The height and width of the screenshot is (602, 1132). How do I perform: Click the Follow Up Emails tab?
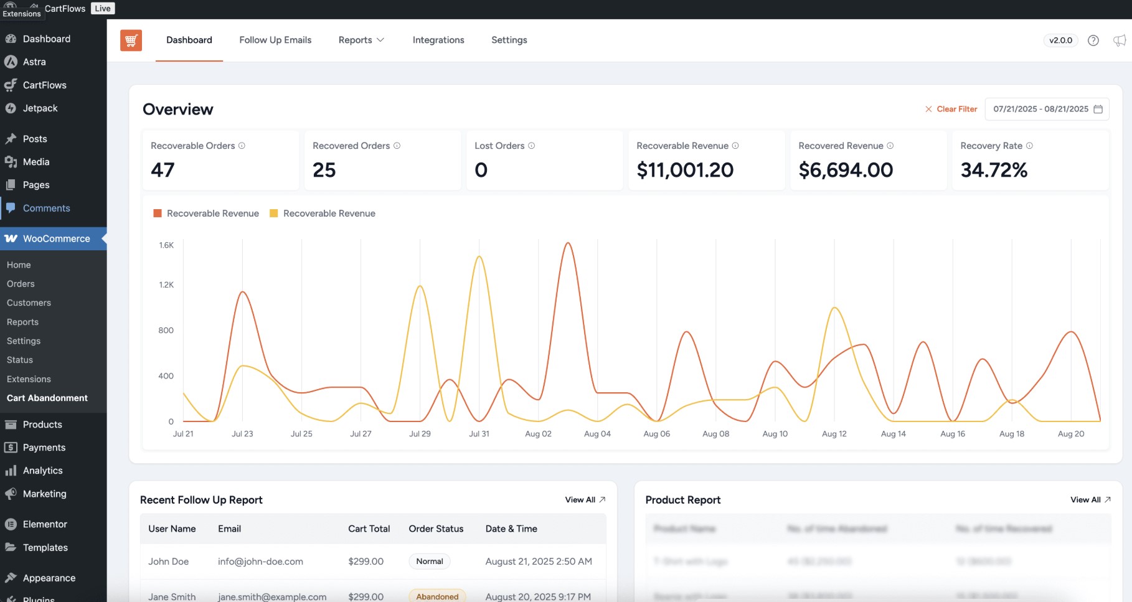275,40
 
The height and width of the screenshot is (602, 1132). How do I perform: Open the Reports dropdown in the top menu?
361,40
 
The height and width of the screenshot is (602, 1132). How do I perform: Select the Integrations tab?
438,40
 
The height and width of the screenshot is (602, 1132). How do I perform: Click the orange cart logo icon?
131,40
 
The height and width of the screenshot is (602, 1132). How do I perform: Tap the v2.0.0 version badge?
1060,40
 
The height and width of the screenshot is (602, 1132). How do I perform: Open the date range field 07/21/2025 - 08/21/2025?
1046,109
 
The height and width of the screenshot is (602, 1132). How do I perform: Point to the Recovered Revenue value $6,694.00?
845,170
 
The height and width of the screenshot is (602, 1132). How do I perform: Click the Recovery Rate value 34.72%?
993,170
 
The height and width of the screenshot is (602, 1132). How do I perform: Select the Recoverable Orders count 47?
163,170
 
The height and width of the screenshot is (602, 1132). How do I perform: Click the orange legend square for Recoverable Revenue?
158,214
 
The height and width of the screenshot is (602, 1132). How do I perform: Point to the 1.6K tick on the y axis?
166,245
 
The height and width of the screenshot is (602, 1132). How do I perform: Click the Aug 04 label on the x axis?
597,434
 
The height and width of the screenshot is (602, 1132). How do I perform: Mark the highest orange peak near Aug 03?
567,243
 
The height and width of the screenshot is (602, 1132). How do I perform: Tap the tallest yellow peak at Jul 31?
479,256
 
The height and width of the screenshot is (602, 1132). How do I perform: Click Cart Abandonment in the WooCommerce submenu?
47,398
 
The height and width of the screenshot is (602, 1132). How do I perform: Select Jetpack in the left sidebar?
40,108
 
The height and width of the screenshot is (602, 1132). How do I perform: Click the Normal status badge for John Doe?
429,562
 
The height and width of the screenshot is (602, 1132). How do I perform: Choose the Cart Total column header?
369,529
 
